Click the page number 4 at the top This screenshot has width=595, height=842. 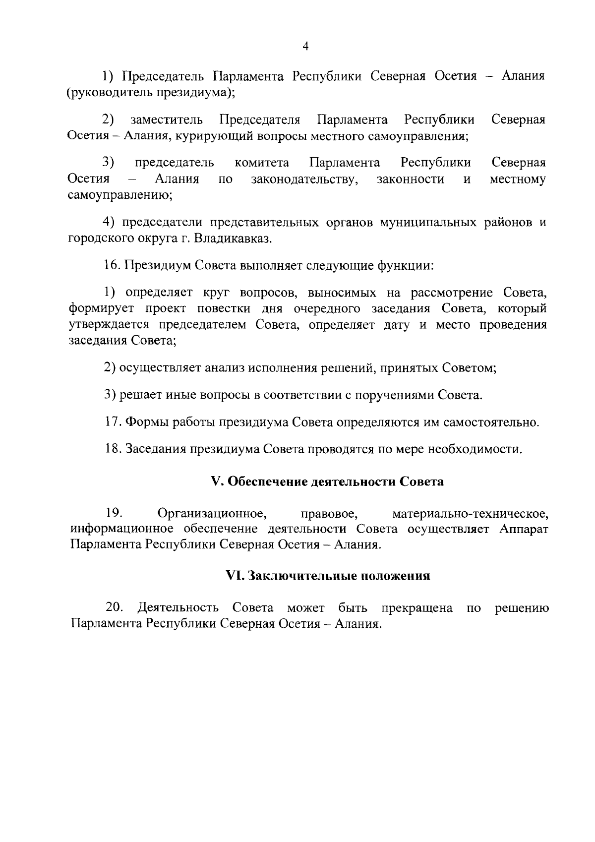click(305, 47)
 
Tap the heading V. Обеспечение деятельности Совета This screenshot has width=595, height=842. click(327, 481)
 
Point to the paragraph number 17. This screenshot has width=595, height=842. click(113, 422)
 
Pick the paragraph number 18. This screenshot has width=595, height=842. click(113, 449)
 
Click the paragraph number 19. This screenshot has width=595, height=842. click(114, 512)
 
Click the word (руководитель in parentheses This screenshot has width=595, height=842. click(110, 93)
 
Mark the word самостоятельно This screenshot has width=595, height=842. click(491, 422)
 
